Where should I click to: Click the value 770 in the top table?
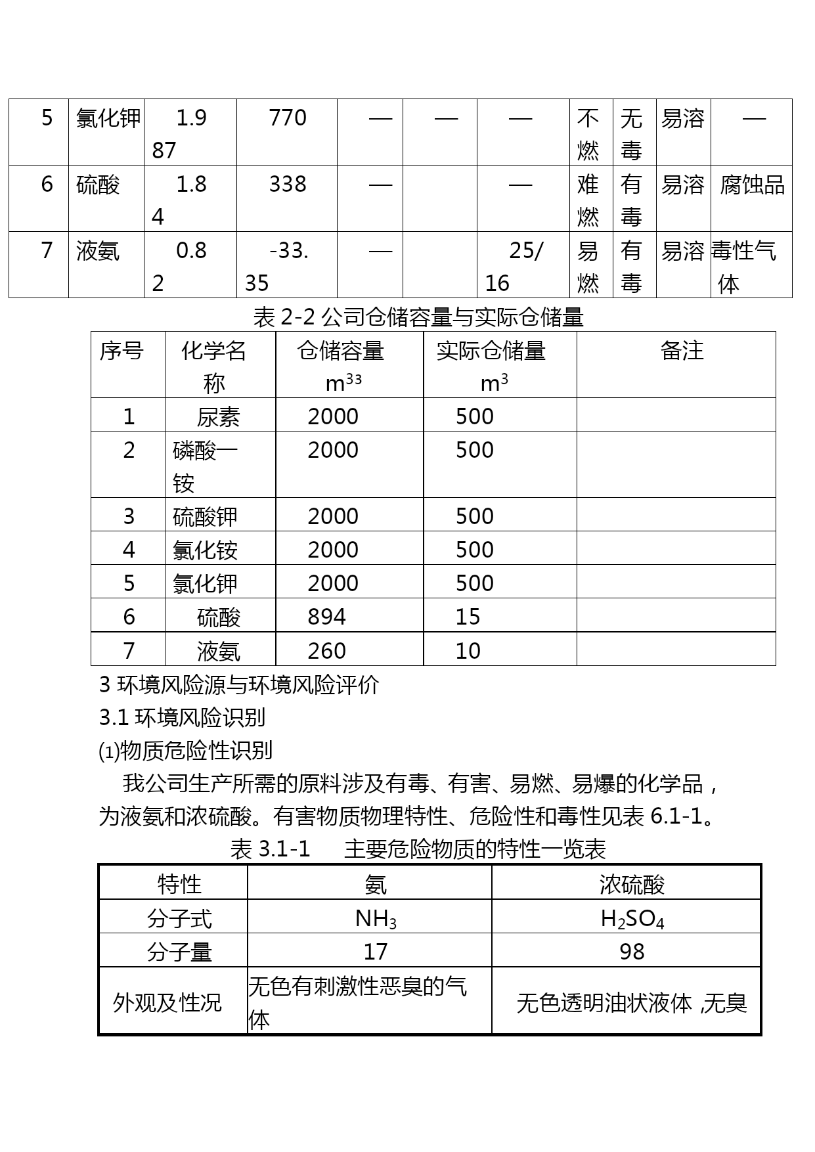pyautogui.click(x=288, y=118)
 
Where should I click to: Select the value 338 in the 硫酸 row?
pyautogui.click(x=288, y=185)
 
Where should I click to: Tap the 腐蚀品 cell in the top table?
pyautogui.click(x=752, y=185)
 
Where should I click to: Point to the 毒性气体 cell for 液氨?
pyautogui.click(x=744, y=267)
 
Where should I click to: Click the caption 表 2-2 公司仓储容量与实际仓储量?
pyautogui.click(x=418, y=318)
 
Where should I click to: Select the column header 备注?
pyautogui.click(x=682, y=351)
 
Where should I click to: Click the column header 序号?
pyautogui.click(x=121, y=351)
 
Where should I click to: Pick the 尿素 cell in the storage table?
pyautogui.click(x=218, y=417)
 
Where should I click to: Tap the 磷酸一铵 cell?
pyautogui.click(x=204, y=466)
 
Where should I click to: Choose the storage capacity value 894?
pyautogui.click(x=326, y=617)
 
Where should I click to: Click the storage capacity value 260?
pyautogui.click(x=326, y=651)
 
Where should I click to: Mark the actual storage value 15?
pyautogui.click(x=468, y=617)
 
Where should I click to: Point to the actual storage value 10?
pyautogui.click(x=468, y=651)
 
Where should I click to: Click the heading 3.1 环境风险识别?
pyautogui.click(x=182, y=718)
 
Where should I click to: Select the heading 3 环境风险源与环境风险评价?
pyautogui.click(x=239, y=685)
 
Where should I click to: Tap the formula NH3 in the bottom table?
pyautogui.click(x=376, y=918)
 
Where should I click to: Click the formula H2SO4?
pyautogui.click(x=632, y=918)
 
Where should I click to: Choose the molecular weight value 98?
pyautogui.click(x=632, y=952)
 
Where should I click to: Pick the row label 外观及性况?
pyautogui.click(x=167, y=1003)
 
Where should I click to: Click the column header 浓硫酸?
pyautogui.click(x=632, y=885)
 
